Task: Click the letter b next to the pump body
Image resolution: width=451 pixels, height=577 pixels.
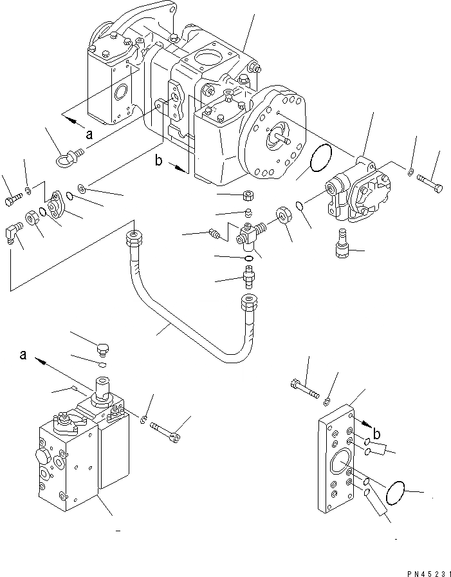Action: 158,162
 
